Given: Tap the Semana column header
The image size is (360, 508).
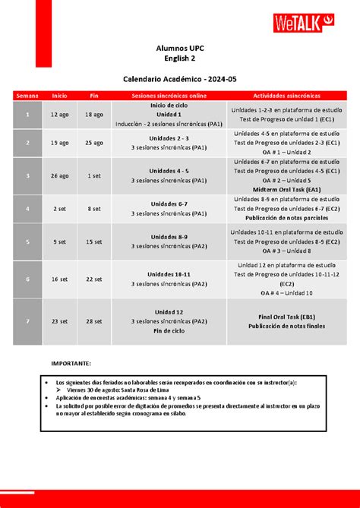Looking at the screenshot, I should [x=27, y=96].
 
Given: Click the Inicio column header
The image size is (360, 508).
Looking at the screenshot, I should [x=59, y=96].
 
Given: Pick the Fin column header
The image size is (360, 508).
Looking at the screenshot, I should [x=94, y=96].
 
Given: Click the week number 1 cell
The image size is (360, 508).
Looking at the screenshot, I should [x=27, y=114].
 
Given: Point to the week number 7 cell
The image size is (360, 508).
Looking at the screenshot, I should [x=27, y=321].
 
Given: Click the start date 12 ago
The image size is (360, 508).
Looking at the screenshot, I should [x=59, y=114].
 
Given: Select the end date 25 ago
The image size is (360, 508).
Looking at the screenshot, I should [x=94, y=143].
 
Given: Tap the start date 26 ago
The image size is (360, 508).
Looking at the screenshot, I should [x=59, y=175].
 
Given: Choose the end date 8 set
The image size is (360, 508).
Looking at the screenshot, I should [x=94, y=208].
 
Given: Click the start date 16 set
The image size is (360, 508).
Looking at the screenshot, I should [x=59, y=279].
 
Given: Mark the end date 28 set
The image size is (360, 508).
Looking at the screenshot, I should [x=94, y=321].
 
